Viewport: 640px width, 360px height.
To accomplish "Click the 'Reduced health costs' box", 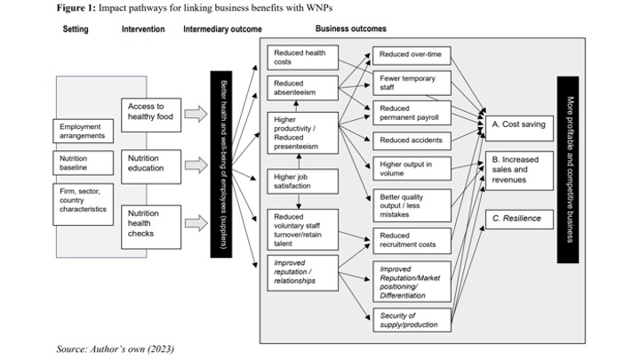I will click(x=302, y=58).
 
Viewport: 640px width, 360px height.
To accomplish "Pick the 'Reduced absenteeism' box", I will click(x=302, y=88).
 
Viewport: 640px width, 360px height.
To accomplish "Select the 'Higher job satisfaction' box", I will click(x=302, y=181).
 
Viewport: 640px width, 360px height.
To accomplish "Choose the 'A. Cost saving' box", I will click(x=519, y=124).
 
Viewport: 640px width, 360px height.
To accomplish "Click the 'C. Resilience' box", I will click(x=519, y=218).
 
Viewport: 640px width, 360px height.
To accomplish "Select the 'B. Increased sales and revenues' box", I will click(x=519, y=169).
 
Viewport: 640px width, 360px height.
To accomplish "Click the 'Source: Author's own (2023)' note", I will click(x=115, y=348).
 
